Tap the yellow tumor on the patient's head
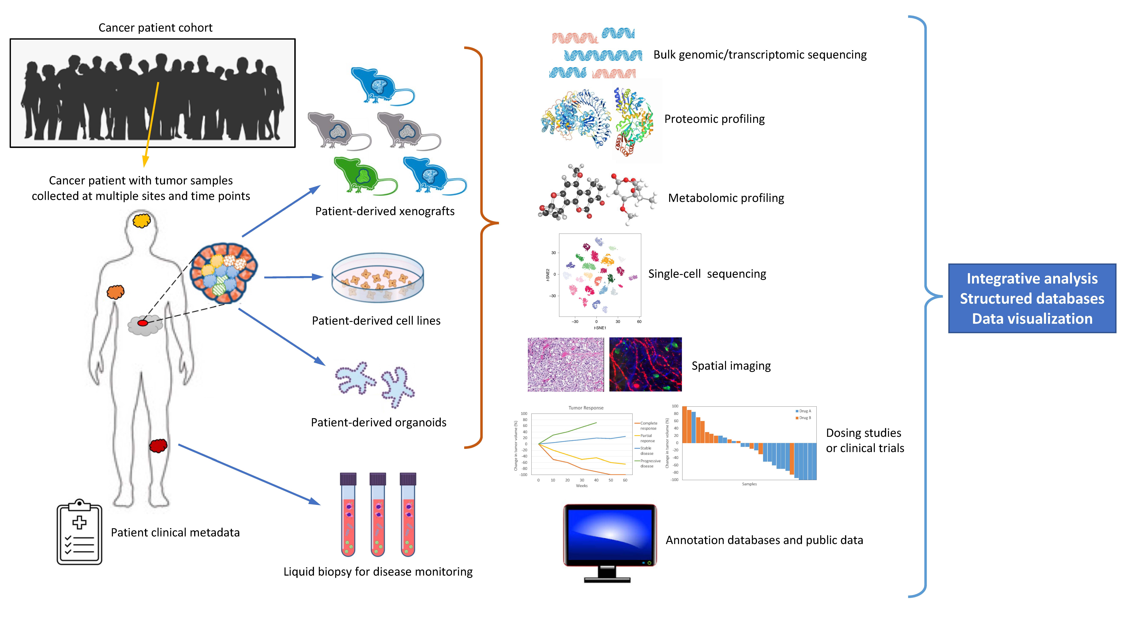(141, 220)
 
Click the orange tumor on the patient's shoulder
(116, 292)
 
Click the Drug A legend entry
(804, 411)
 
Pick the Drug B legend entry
(804, 418)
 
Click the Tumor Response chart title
(586, 408)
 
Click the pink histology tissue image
(565, 364)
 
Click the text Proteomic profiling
(714, 119)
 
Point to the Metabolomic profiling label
(726, 198)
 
